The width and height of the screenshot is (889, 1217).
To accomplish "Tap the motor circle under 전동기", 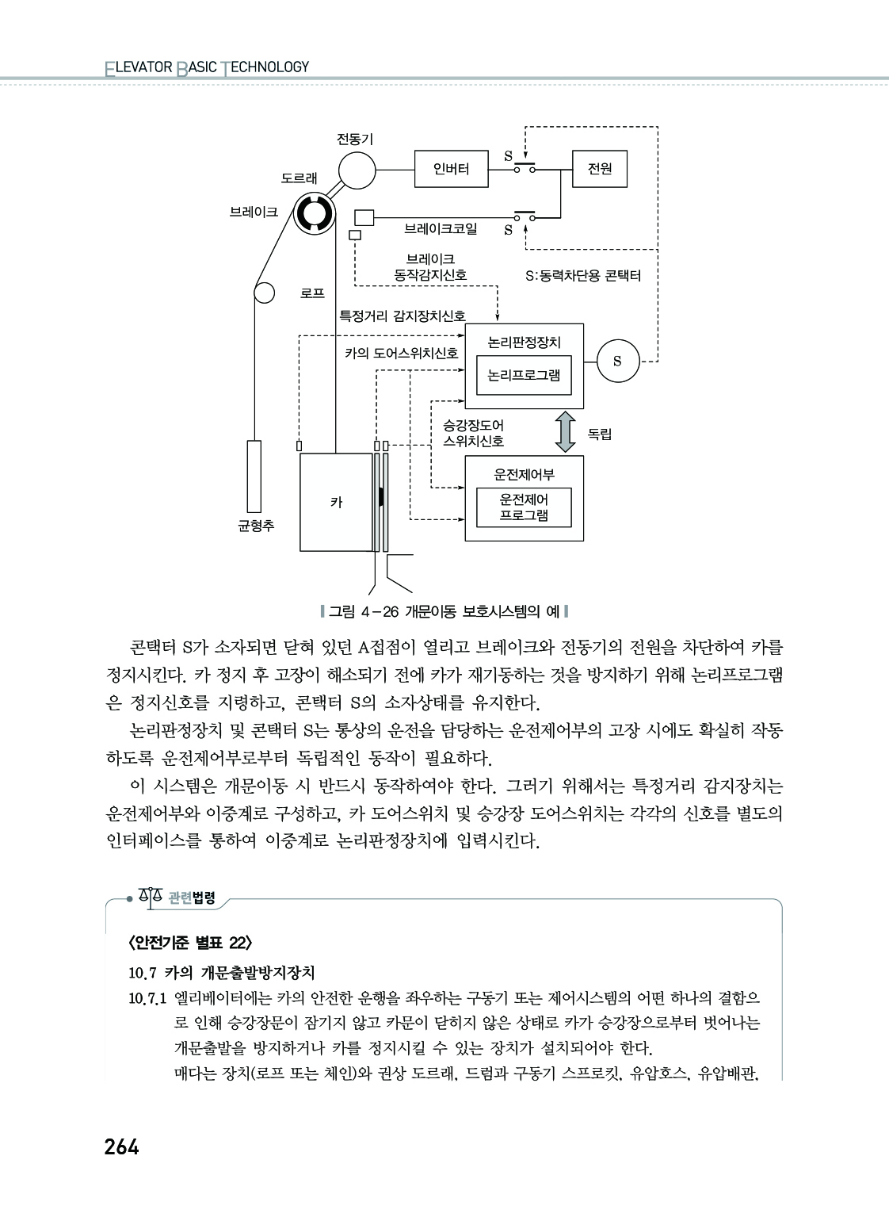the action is click(x=357, y=170).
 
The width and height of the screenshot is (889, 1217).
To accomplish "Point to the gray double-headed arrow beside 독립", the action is click(x=566, y=432).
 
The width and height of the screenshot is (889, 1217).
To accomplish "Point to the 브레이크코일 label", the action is click(x=441, y=228).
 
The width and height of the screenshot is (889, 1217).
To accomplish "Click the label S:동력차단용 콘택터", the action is click(x=583, y=276).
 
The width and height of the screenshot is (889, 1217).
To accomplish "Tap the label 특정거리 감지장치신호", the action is click(x=403, y=316).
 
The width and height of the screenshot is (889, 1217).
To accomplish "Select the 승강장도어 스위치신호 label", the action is click(x=474, y=433).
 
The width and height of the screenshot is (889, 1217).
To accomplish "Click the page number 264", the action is click(x=122, y=1147).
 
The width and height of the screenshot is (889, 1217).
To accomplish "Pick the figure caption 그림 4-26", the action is click(x=444, y=612).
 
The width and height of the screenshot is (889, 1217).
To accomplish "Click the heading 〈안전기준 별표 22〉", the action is click(x=190, y=943).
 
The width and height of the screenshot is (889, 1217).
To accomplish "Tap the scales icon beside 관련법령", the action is click(x=151, y=897).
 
